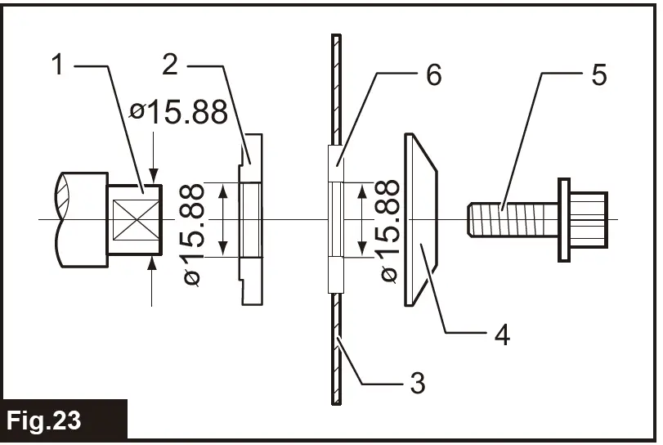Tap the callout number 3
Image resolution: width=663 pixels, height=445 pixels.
[417, 381]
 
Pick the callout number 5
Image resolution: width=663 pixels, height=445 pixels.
[598, 75]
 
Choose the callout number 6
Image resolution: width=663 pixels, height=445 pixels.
[433, 75]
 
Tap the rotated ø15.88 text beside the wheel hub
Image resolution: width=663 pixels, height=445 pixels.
[390, 231]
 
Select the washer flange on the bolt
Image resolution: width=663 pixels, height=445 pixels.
[564, 219]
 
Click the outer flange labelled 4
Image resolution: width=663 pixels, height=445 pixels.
[420, 220]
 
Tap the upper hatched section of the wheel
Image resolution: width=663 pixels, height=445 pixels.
[335, 90]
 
